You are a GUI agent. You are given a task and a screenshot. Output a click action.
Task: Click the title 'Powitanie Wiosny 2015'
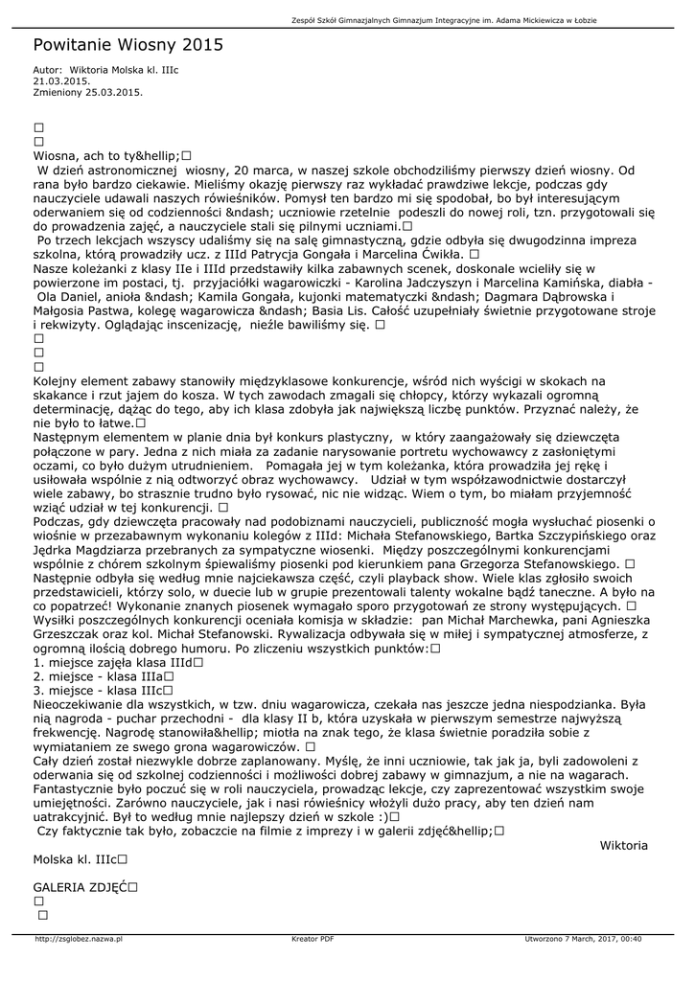(127, 44)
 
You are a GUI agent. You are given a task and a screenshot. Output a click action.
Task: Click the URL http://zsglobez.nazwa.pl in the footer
(79, 939)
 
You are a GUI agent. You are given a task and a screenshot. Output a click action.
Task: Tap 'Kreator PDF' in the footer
(313, 939)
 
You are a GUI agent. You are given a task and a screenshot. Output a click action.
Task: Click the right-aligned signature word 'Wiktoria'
(623, 845)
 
